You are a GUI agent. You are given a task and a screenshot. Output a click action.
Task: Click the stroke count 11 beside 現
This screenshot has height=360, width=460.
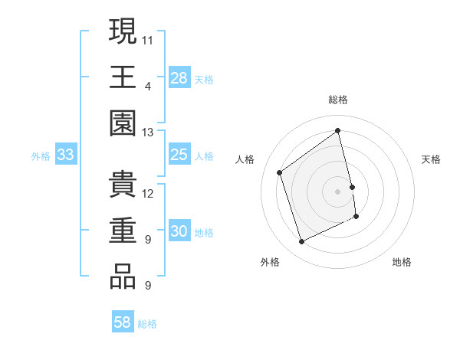(x=148, y=38)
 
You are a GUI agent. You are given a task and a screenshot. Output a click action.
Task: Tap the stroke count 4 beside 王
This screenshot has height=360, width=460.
(x=147, y=85)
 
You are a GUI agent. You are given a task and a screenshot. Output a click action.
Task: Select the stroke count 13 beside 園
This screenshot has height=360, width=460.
(x=148, y=133)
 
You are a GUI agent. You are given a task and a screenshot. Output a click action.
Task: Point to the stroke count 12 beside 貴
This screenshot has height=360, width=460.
(x=148, y=193)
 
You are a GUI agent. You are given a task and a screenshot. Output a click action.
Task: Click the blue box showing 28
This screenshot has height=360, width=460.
(x=179, y=78)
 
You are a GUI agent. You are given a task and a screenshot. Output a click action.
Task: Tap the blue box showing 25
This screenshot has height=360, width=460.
(x=179, y=155)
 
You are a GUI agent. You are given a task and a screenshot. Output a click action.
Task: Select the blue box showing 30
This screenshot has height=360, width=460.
(x=179, y=232)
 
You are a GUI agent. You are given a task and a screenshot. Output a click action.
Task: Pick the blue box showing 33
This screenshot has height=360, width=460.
(x=65, y=155)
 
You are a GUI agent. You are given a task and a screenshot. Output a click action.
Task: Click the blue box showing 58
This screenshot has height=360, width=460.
(x=123, y=322)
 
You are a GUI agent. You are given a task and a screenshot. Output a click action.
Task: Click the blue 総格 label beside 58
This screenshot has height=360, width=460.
(x=147, y=324)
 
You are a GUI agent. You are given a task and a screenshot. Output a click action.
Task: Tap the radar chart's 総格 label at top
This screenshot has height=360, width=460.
(x=338, y=100)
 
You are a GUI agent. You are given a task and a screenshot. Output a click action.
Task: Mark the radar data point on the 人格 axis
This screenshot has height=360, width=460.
(x=280, y=172)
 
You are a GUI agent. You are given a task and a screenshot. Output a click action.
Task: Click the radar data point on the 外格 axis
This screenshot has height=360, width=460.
(x=301, y=242)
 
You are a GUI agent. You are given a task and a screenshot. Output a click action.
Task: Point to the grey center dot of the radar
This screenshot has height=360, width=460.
(x=337, y=191)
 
